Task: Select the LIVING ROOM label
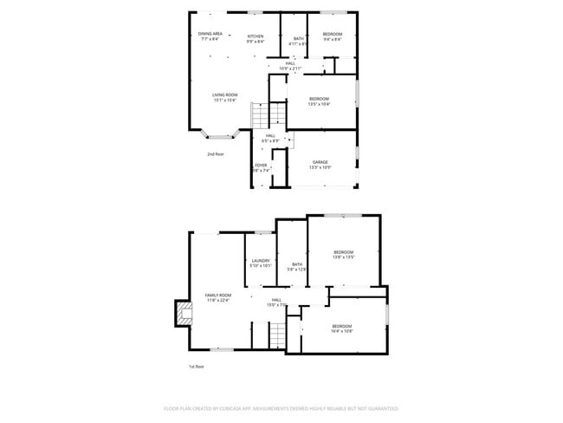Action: pyautogui.click(x=225, y=97)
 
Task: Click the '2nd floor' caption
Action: pyautogui.click(x=215, y=154)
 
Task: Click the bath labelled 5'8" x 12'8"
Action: pyautogui.click(x=297, y=266)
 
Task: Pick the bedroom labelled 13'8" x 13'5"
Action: pyautogui.click(x=344, y=254)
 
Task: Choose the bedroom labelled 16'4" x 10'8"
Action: pyautogui.click(x=341, y=328)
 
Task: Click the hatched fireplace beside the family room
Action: pyautogui.click(x=183, y=312)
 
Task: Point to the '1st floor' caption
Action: pyautogui.click(x=197, y=367)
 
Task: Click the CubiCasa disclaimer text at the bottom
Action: pyautogui.click(x=281, y=407)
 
